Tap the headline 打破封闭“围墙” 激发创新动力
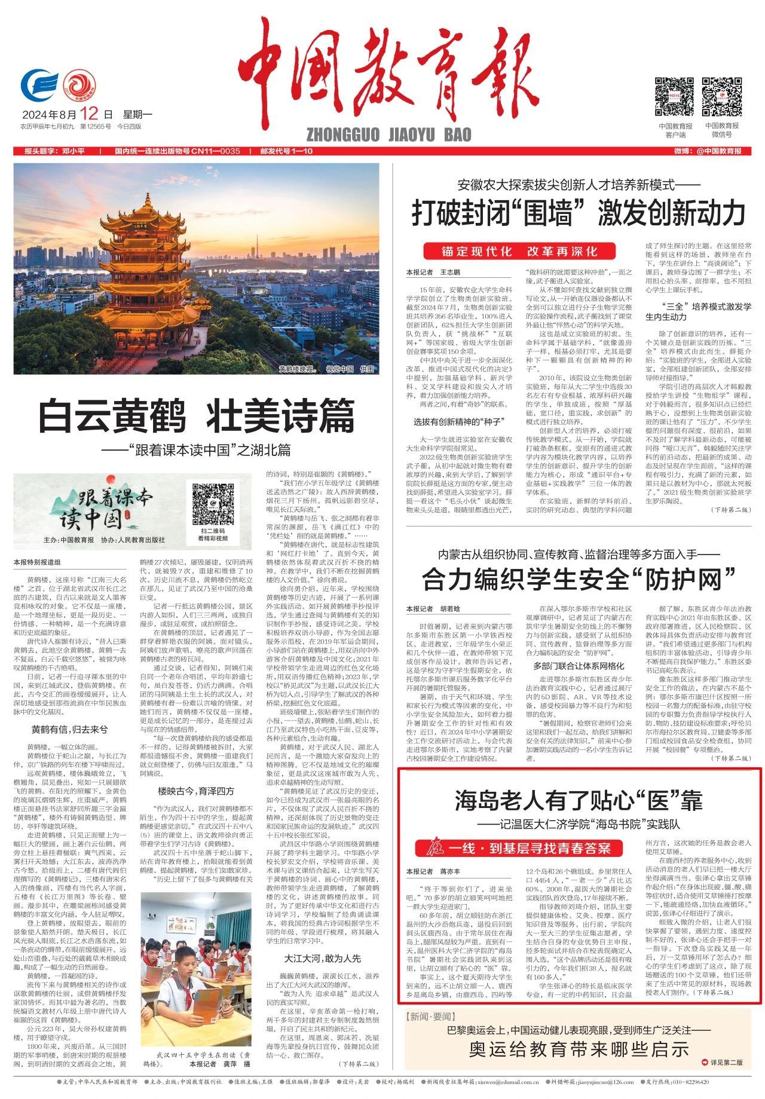tap(578, 213)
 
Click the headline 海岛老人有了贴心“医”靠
tap(578, 800)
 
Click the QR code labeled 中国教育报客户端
tap(675, 97)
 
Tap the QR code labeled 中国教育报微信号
tap(721, 97)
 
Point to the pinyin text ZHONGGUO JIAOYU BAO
tap(388, 134)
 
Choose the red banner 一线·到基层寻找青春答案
tap(519, 847)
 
